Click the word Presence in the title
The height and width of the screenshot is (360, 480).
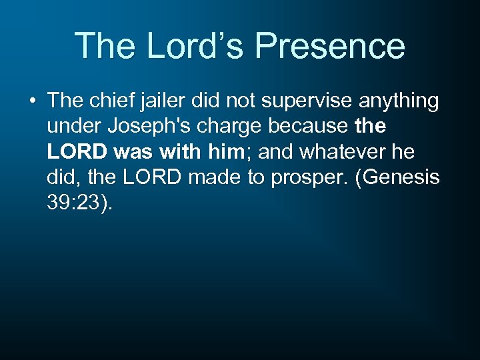pyautogui.click(x=330, y=46)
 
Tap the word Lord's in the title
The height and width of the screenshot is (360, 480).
pyautogui.click(x=192, y=46)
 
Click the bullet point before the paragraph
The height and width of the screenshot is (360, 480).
pyautogui.click(x=33, y=101)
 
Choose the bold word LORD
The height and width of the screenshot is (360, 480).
pyautogui.click(x=78, y=152)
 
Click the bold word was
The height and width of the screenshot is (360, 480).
pyautogui.click(x=133, y=152)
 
